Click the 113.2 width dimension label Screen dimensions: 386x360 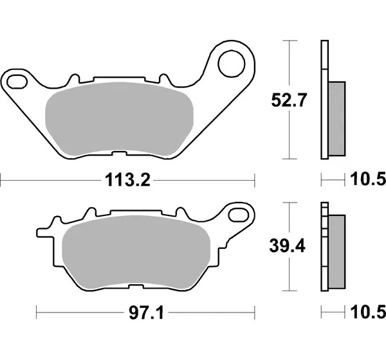127,180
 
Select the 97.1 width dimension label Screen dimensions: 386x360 146,313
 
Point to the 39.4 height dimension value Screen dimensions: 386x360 288,246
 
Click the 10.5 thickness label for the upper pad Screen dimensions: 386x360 368,179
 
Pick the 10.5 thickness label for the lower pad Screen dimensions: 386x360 368,312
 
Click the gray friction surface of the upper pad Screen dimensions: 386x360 120,119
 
